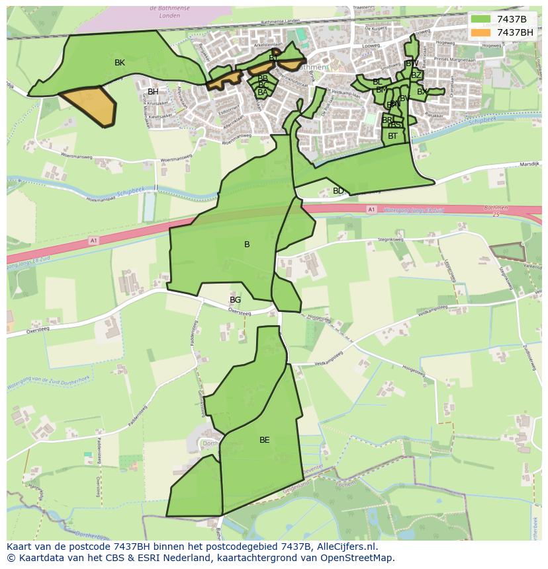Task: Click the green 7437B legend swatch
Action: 481,19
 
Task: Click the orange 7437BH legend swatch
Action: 481,32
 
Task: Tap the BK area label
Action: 120,63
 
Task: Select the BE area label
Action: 265,440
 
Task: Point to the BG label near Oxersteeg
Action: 235,300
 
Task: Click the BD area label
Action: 338,191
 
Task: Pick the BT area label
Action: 393,136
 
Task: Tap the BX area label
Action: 422,92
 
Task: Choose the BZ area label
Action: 416,75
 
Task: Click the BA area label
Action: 263,93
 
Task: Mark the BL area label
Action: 377,82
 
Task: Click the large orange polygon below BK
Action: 91,105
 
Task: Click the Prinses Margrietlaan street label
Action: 462,59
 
